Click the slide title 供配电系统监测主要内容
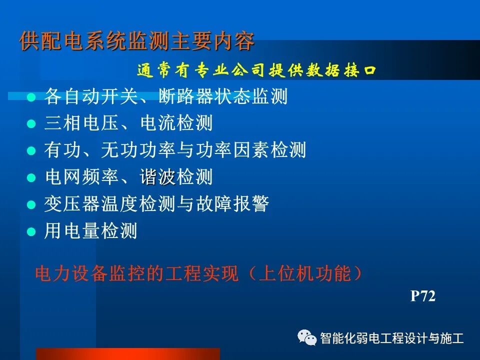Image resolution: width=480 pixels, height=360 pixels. [x=137, y=41]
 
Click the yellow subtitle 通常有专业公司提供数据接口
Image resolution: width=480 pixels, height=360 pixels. [x=256, y=71]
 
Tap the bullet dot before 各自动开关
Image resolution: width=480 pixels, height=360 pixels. [x=31, y=97]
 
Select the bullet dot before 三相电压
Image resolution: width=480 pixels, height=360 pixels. [x=31, y=124]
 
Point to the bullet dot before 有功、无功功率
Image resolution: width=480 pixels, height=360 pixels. [x=31, y=150]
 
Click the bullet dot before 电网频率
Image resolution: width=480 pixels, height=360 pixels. [x=31, y=177]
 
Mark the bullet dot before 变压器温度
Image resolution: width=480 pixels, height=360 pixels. [x=31, y=204]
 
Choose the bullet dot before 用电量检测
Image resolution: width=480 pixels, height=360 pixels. [x=31, y=231]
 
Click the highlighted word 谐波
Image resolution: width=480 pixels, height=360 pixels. [x=157, y=177]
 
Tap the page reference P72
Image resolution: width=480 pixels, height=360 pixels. [x=423, y=296]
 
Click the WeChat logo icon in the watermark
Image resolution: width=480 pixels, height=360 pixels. [x=306, y=338]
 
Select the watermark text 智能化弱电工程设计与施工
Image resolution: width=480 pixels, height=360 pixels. [x=392, y=338]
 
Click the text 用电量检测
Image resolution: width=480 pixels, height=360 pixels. [x=90, y=231]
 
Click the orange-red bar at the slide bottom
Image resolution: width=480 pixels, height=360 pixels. [x=127, y=353]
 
